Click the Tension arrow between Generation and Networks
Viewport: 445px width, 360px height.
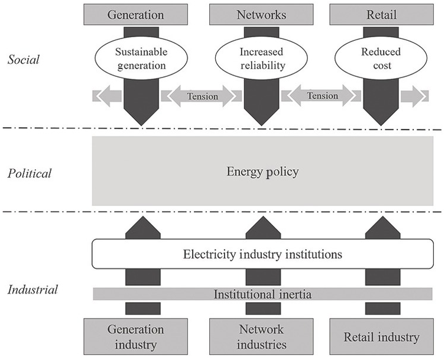[x=202, y=96]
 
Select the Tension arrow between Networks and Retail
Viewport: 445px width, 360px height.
[x=322, y=96]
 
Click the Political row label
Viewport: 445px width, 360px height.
[x=30, y=173]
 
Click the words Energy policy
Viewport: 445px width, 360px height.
[x=262, y=172]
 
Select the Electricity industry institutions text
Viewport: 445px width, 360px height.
[x=262, y=255]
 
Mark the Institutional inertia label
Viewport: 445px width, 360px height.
[x=262, y=294]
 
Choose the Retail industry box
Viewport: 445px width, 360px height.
[x=381, y=336]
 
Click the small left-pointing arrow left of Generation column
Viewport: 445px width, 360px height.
[x=107, y=96]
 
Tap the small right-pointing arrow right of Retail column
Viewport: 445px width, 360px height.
[x=414, y=96]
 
